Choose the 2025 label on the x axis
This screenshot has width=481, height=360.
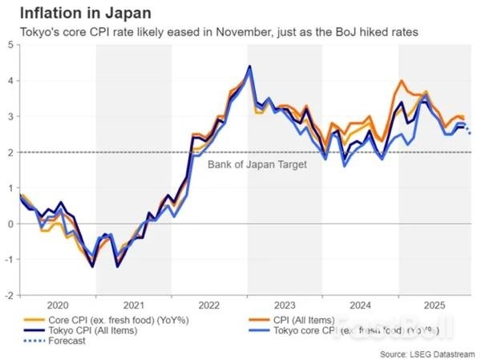[x=436, y=305]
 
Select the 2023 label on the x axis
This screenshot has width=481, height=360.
[x=285, y=305]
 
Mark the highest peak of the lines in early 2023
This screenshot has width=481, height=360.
[x=249, y=67]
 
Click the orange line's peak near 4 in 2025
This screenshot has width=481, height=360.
[x=401, y=81]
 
